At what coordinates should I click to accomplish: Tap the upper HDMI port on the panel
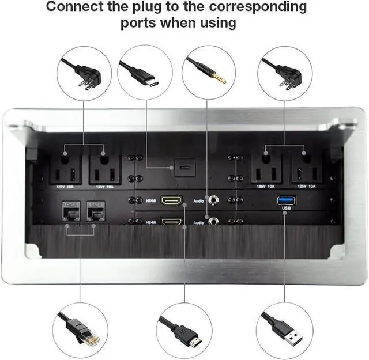point(171,200)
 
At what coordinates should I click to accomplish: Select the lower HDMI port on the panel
point(171,221)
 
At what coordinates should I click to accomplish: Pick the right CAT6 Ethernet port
point(93,211)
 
